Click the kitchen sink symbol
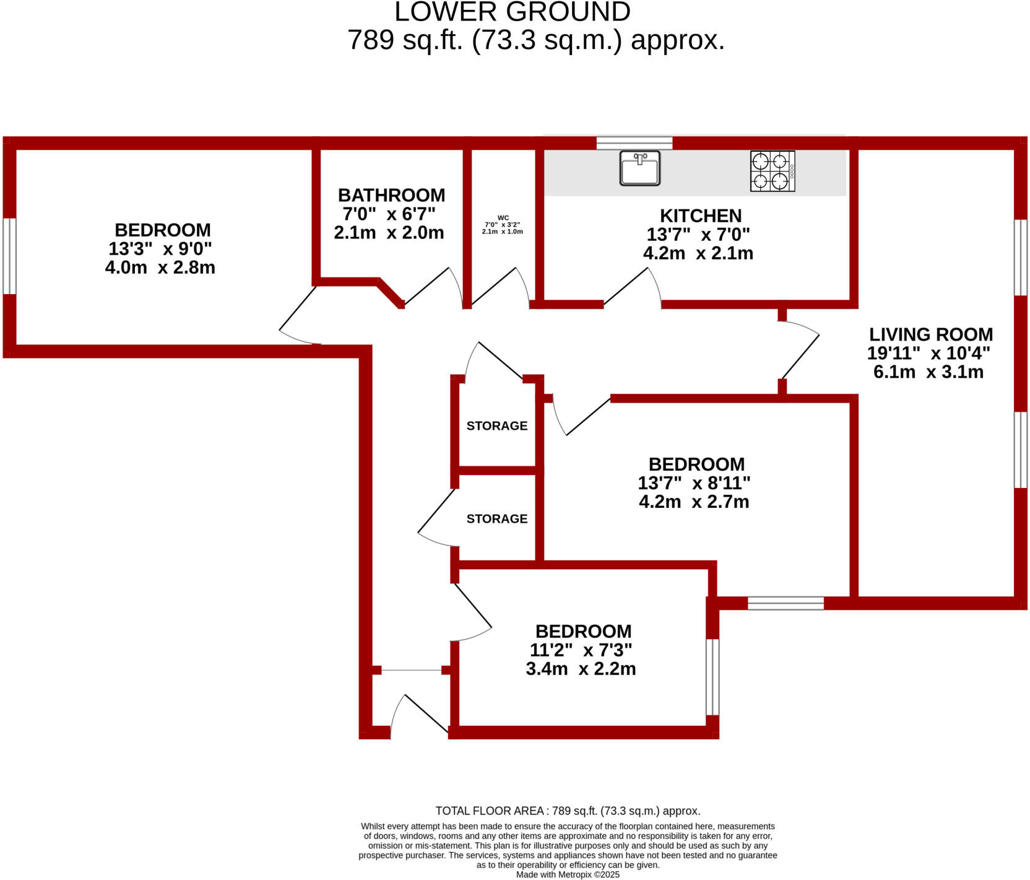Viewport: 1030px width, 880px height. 640,168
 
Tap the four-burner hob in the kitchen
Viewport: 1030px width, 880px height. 772,171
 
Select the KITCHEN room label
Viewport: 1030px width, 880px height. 701,216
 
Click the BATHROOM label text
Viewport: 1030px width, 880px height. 391,195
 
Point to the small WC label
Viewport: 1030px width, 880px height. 503,218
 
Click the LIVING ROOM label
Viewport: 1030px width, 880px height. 930,334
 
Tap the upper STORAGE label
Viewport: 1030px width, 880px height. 496,426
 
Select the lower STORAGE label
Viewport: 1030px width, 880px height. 496,519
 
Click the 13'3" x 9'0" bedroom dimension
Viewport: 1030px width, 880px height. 160,249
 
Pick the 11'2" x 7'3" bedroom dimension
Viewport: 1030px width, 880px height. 581,650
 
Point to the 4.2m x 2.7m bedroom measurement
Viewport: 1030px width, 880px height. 694,502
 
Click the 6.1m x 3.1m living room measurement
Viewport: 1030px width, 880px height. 928,372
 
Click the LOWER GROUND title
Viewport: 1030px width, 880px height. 513,12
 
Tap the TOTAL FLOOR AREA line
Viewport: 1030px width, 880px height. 568,811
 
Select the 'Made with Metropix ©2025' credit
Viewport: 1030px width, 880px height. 568,874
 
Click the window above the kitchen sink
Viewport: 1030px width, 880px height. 634,143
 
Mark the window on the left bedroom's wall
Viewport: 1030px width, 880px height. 9,256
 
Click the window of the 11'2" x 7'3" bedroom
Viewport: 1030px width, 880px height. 712,677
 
